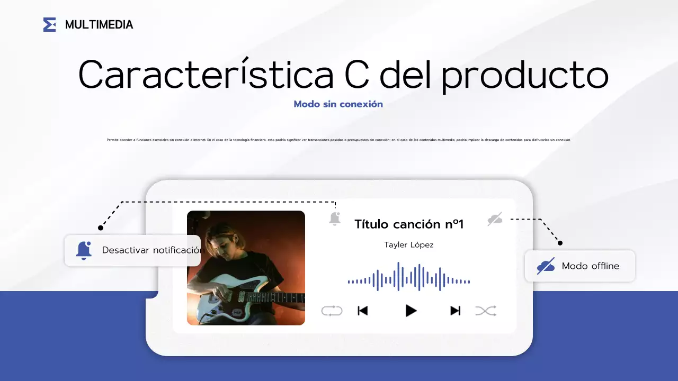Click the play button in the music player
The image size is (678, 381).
coord(411,311)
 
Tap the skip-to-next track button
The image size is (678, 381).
coord(455,311)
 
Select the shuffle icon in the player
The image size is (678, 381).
coord(486,311)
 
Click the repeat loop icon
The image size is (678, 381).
coord(332,311)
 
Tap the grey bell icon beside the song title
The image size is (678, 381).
coord(334,219)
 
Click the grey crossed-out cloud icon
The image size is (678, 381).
coord(495,219)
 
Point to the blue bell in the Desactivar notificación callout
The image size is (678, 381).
coord(84,250)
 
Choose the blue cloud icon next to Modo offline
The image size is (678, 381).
coord(546,266)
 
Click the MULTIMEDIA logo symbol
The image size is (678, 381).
coord(49,24)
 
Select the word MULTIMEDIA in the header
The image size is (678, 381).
coord(99,24)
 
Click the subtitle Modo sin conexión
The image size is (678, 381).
coord(338,104)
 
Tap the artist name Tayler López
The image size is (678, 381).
coord(408,244)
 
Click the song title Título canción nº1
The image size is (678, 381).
coord(408,224)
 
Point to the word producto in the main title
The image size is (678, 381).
coord(524,74)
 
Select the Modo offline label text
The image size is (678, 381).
coord(590,266)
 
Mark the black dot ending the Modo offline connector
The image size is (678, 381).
coord(560,243)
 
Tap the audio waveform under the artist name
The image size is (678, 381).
coord(408,277)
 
